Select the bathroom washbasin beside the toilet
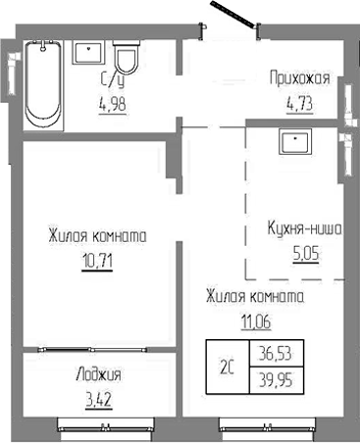click(x=90, y=50)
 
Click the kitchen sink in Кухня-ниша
click(x=294, y=143)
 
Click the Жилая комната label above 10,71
click(x=96, y=236)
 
